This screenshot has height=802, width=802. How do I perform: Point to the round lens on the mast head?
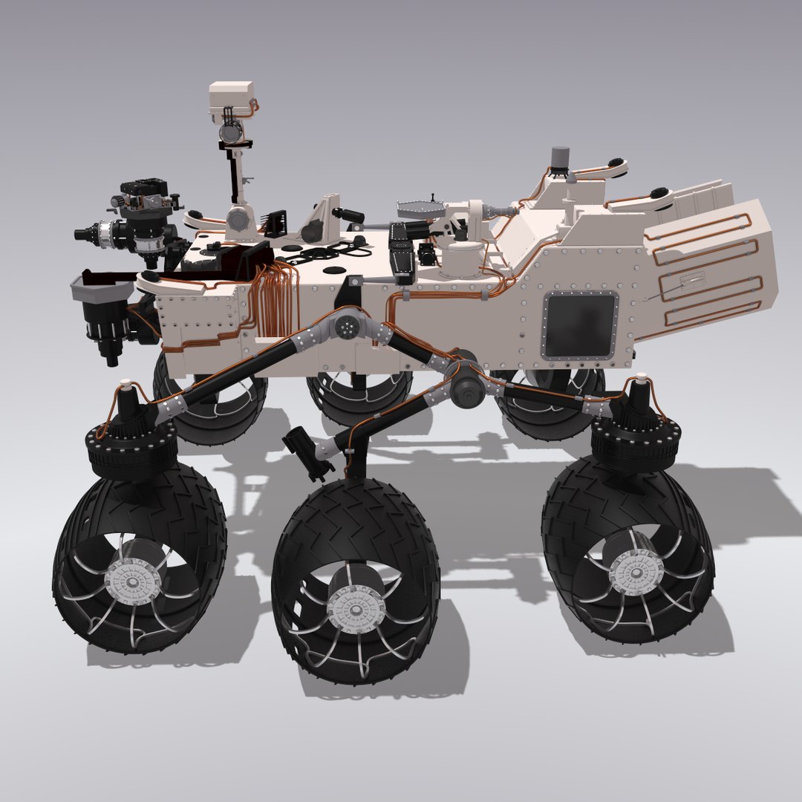(x=230, y=132)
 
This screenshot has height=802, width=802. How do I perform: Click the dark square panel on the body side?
(x=580, y=325)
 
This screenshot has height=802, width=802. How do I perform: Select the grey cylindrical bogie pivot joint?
(x=466, y=386)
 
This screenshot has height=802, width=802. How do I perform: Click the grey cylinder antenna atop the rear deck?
(x=560, y=158)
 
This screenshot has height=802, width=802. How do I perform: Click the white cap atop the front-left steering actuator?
(x=125, y=385)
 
